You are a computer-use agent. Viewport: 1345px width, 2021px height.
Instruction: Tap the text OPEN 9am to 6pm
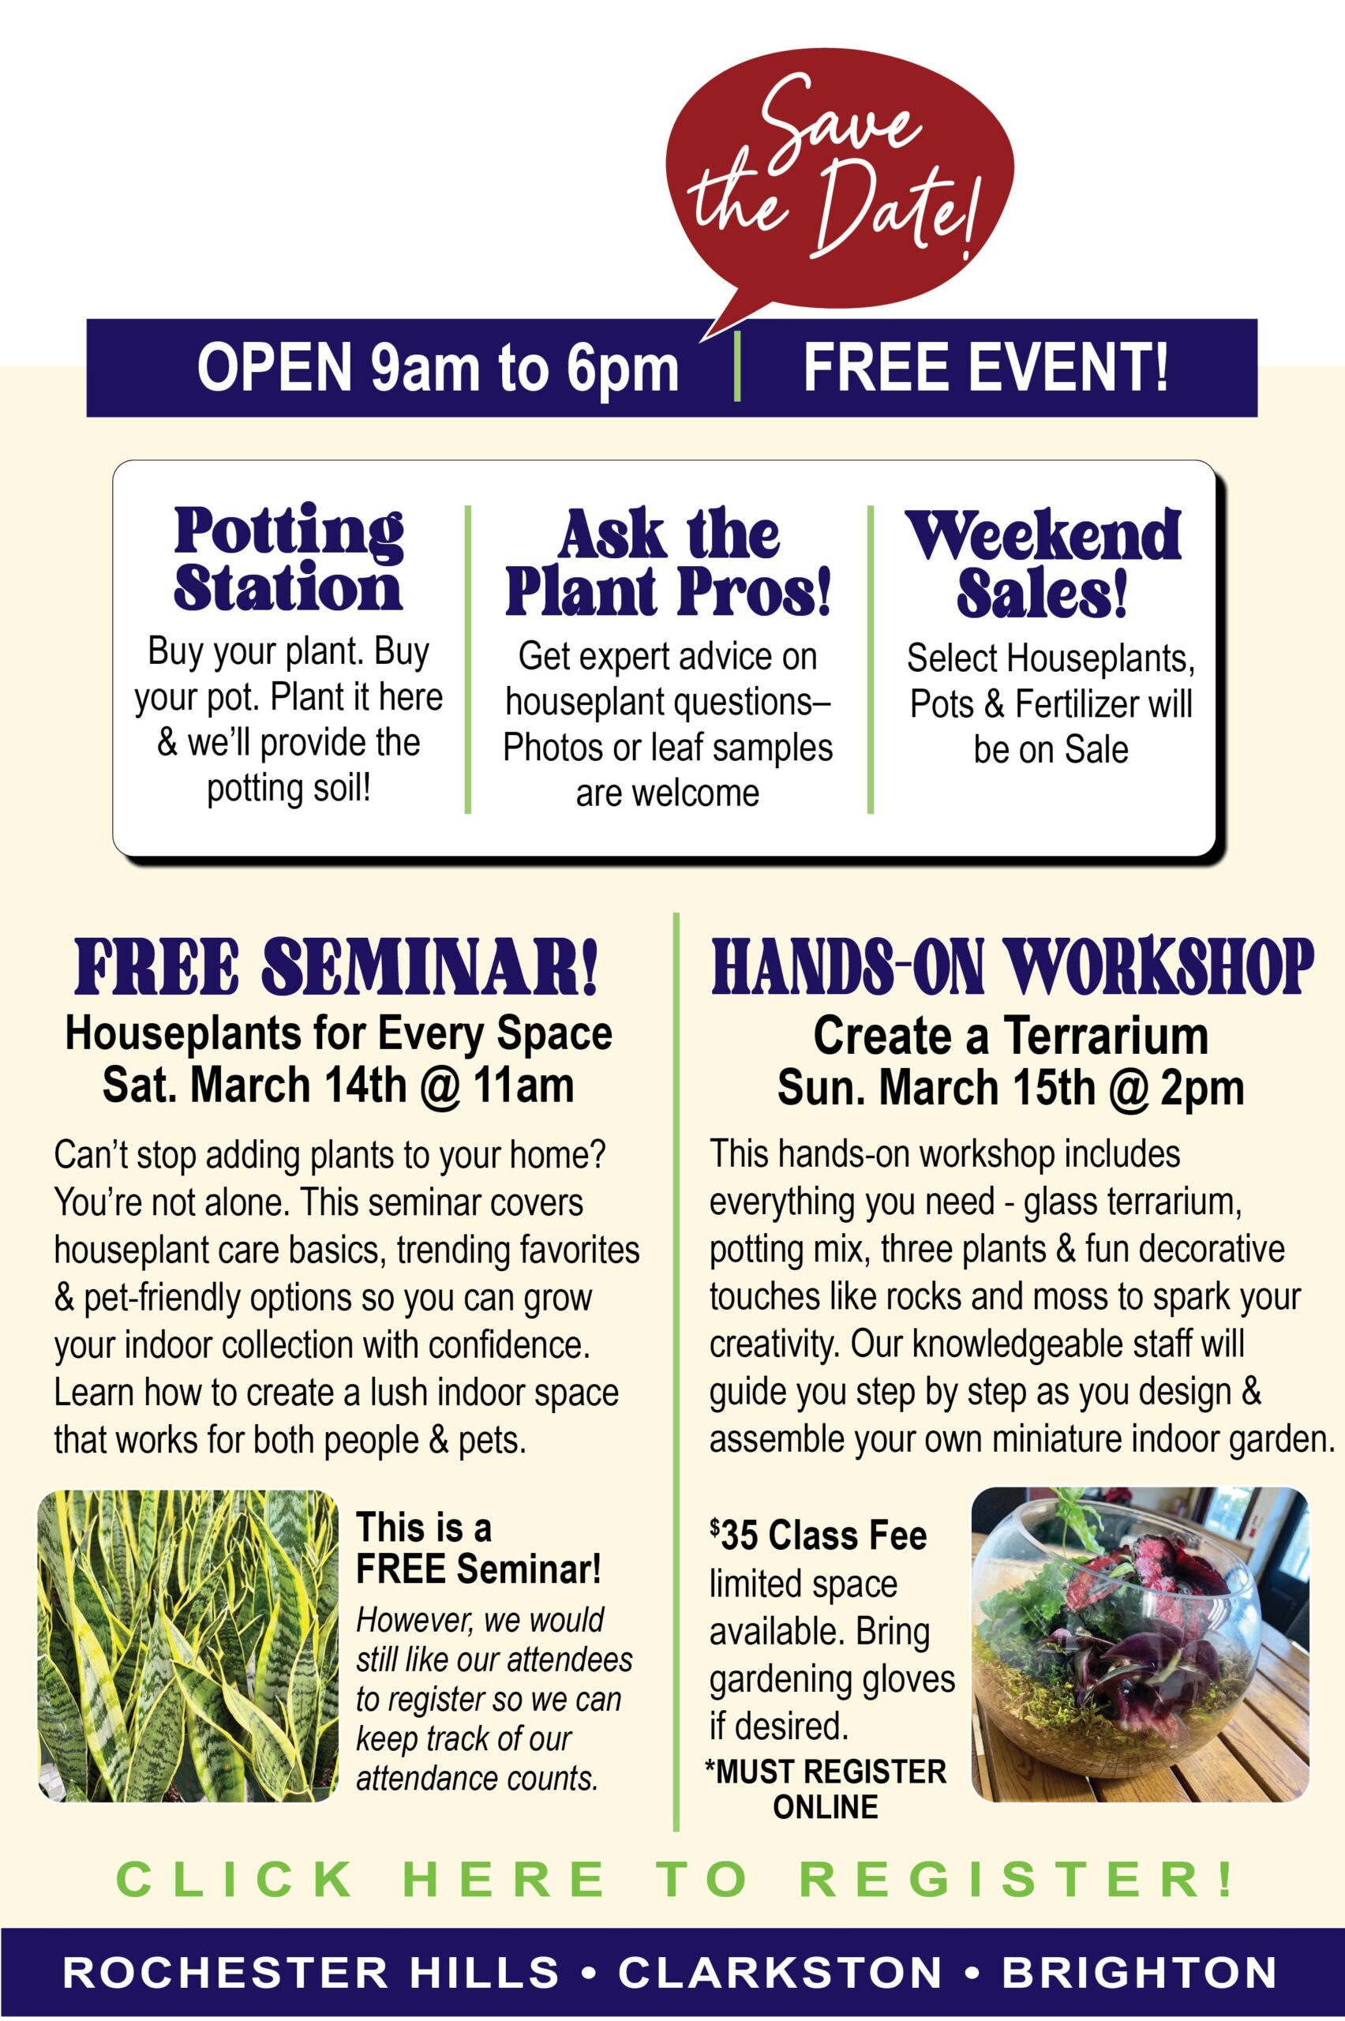pyautogui.click(x=437, y=367)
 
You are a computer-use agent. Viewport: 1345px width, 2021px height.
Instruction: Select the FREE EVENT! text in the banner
pyautogui.click(x=986, y=366)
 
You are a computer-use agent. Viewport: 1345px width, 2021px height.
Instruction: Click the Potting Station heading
pyautogui.click(x=288, y=559)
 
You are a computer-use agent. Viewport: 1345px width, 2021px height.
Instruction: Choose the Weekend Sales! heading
pyautogui.click(x=1045, y=562)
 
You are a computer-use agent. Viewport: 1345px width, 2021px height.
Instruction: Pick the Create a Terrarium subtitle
pyautogui.click(x=1010, y=1037)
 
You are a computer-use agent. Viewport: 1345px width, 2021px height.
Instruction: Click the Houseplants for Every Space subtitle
pyautogui.click(x=339, y=1033)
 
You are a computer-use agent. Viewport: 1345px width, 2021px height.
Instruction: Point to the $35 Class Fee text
pyautogui.click(x=818, y=1535)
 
